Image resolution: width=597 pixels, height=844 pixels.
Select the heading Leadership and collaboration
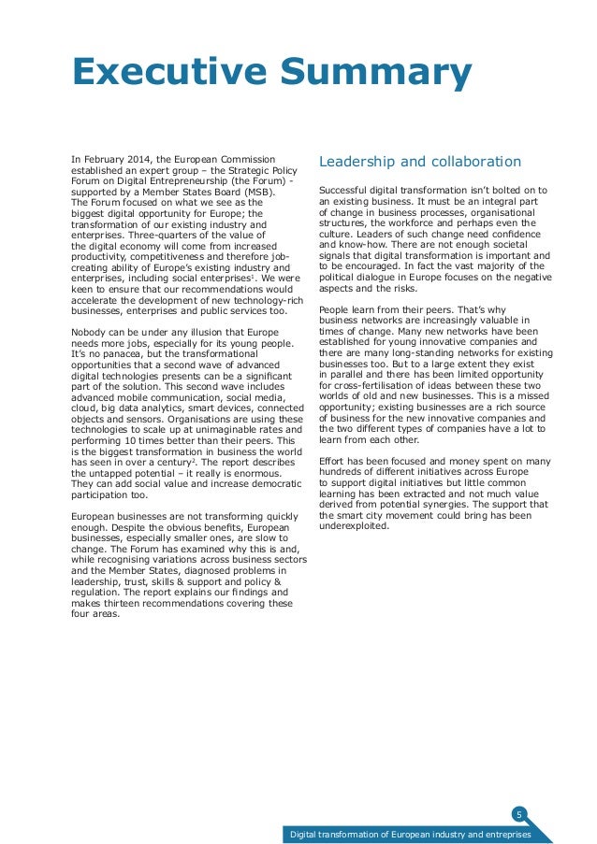(x=420, y=161)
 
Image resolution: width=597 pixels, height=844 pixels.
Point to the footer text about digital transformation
(x=410, y=834)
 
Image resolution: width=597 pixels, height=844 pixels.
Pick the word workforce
(x=427, y=222)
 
